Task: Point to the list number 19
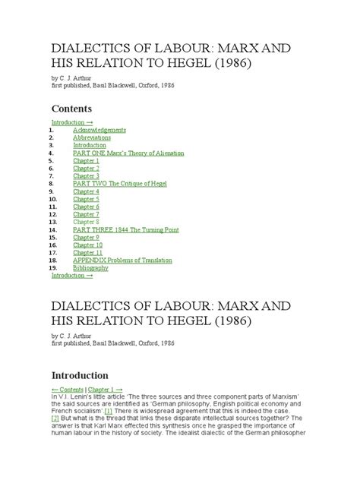(53, 267)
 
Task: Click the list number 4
(52, 153)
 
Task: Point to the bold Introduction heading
(80, 375)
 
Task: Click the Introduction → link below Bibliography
(72, 275)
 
